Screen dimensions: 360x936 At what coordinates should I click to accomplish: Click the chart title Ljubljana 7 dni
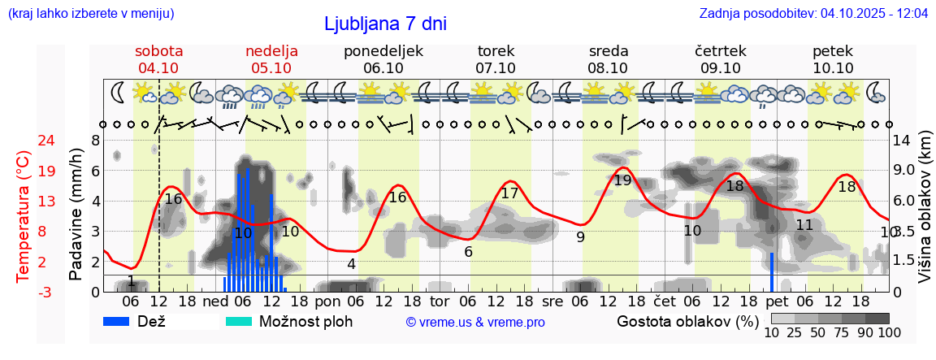(385, 24)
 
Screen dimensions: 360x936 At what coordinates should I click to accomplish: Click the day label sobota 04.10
(158, 59)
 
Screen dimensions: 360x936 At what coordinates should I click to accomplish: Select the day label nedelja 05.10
(271, 59)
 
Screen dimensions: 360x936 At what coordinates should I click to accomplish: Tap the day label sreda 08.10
(608, 59)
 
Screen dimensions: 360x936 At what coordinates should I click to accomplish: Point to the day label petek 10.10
(833, 59)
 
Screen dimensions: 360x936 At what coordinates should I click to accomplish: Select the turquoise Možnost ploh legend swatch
(240, 321)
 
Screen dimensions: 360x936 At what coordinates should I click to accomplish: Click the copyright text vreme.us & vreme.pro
(475, 322)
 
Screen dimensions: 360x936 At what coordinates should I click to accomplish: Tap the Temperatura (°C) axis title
(24, 215)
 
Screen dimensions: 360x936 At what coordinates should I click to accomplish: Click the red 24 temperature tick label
(24, 141)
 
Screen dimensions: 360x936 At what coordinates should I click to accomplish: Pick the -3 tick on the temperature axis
(24, 292)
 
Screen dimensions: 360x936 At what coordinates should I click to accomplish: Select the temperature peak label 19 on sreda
(622, 180)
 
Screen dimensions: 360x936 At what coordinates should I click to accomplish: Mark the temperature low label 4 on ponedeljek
(351, 264)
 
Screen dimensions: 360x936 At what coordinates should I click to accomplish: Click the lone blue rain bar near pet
(772, 272)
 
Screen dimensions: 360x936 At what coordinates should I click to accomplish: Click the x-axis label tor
(440, 301)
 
